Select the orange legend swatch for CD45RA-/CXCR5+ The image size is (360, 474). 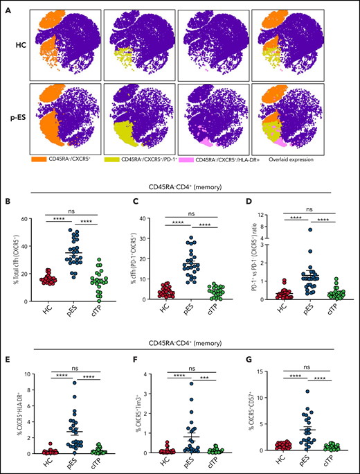[39, 159]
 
